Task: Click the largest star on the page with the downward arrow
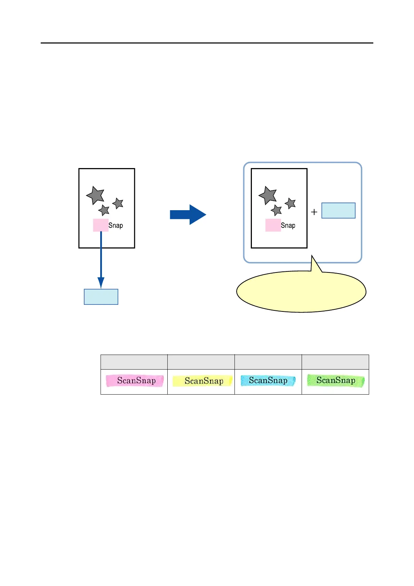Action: click(95, 195)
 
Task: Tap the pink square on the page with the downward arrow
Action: click(101, 225)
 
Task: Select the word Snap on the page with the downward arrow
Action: click(116, 225)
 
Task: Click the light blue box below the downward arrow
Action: click(101, 297)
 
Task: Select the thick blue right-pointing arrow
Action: click(188, 215)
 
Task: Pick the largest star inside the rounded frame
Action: click(268, 195)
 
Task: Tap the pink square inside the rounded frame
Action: click(273, 225)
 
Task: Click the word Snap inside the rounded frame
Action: click(288, 225)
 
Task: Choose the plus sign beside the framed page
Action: click(314, 212)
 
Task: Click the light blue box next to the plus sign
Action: click(338, 211)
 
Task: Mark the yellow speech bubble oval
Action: click(301, 292)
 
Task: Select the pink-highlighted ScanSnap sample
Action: click(135, 381)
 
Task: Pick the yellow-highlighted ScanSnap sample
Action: click(202, 381)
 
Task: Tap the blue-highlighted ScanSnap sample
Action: click(268, 381)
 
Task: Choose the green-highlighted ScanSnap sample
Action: click(335, 380)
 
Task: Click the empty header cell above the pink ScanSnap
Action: click(134, 362)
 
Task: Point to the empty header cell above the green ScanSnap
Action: click(335, 362)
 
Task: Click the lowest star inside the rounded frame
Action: click(276, 210)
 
